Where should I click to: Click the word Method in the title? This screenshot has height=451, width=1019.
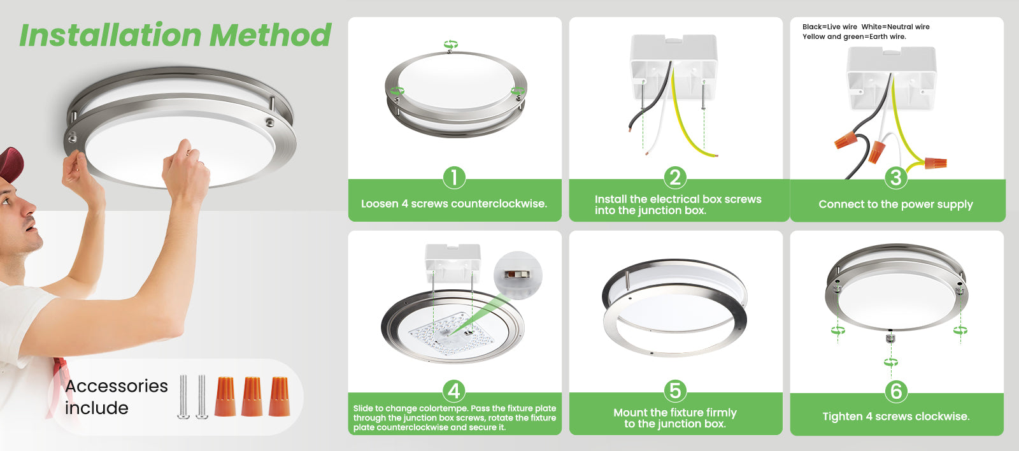tap(270, 35)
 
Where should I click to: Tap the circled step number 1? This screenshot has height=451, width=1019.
tap(454, 178)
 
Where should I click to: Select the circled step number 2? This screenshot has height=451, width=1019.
tap(675, 178)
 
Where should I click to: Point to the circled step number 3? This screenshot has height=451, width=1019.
tap(895, 178)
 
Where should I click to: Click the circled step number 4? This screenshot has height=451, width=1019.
tap(454, 391)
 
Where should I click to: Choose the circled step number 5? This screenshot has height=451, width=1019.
tap(675, 391)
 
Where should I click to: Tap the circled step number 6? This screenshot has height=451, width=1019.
tap(895, 391)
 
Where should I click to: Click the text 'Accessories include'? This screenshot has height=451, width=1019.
tap(117, 397)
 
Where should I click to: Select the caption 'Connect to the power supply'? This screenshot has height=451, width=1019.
tap(895, 204)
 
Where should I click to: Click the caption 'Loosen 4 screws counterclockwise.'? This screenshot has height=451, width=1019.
tap(454, 204)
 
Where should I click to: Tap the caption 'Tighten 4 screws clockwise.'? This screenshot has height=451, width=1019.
tap(895, 417)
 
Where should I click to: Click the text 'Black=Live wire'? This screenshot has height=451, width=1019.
tap(829, 27)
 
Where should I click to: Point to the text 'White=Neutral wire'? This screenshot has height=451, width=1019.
tap(895, 27)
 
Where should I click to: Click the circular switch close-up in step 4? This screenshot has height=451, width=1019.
tap(518, 275)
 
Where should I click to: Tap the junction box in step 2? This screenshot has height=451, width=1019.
tap(674, 68)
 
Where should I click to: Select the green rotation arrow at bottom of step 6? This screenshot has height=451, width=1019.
tap(891, 362)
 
